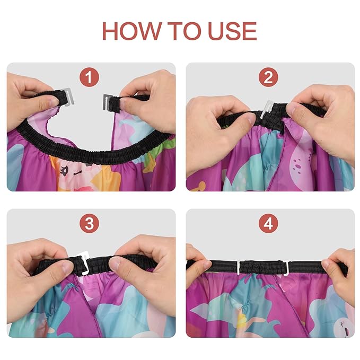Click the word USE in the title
(x=232, y=31)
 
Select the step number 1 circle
(x=89, y=77)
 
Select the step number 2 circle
(x=268, y=77)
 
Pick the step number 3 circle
(x=89, y=223)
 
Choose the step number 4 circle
(x=268, y=223)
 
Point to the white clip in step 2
(x=267, y=110)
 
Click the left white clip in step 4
(x=239, y=268)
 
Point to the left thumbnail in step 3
(x=68, y=267)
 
